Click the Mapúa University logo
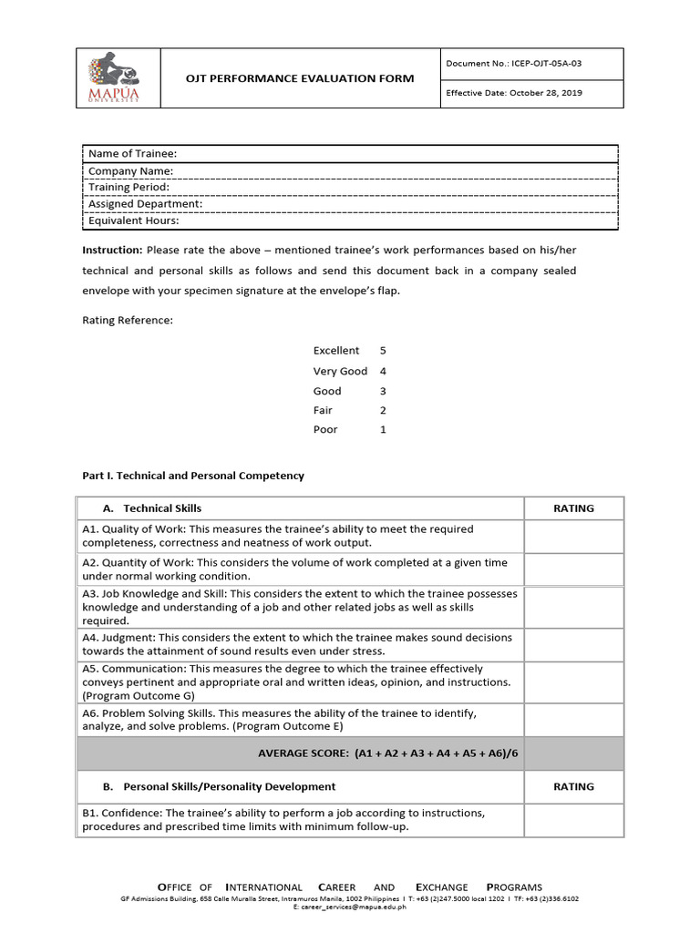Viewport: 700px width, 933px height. (x=116, y=78)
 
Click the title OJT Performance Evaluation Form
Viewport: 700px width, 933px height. (x=299, y=78)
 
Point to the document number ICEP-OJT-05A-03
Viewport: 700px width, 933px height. (x=514, y=63)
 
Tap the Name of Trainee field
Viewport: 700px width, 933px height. (x=132, y=153)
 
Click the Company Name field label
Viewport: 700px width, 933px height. (x=130, y=170)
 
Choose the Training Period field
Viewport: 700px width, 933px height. (x=129, y=187)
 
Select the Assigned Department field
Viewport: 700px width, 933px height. (x=145, y=203)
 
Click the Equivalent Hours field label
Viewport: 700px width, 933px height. (x=133, y=220)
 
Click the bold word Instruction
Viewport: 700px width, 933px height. (x=112, y=250)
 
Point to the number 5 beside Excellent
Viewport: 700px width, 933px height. (x=383, y=350)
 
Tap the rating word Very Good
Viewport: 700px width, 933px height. (x=340, y=371)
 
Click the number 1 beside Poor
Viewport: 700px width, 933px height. (x=383, y=429)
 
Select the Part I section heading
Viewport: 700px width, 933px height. (x=193, y=476)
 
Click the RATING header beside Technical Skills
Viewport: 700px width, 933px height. (x=573, y=508)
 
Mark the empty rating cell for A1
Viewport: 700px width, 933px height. (x=573, y=536)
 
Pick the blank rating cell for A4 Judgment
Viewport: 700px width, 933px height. (x=573, y=644)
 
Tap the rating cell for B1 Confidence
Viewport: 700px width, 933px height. (x=573, y=820)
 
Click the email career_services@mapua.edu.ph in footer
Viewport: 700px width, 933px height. (x=350, y=907)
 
